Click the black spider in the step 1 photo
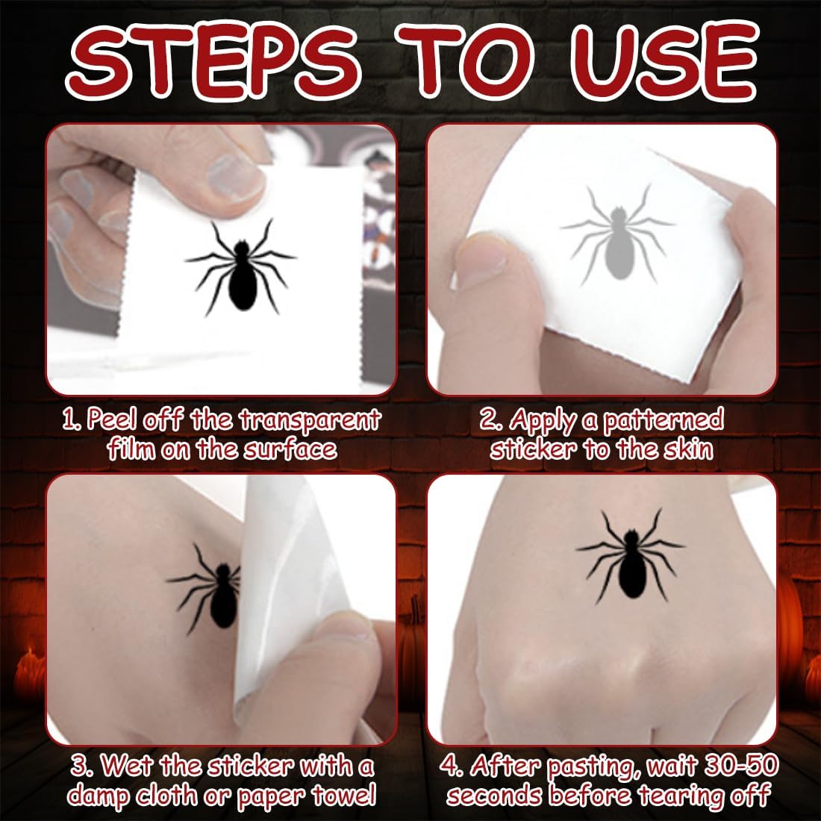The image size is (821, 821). pos(241,267)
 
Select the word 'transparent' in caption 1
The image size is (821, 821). pos(310,420)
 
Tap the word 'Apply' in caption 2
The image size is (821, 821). pos(541,420)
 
